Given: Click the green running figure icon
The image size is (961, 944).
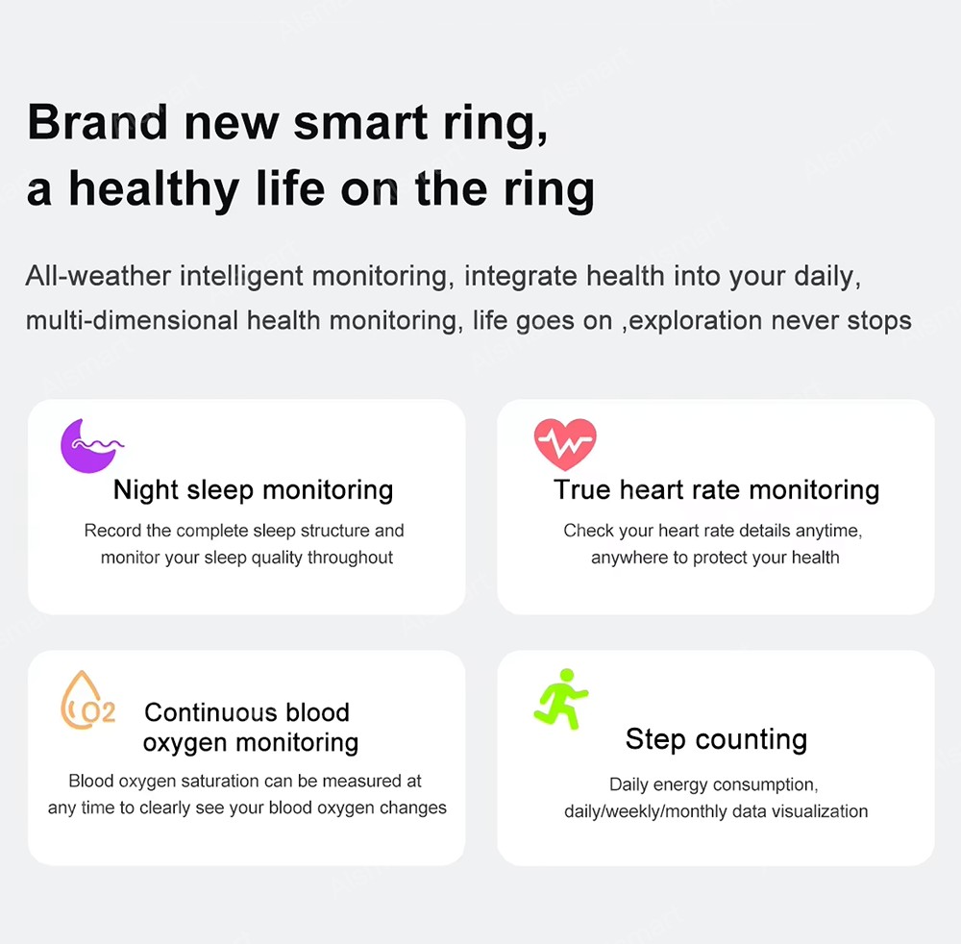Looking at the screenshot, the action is tap(561, 699).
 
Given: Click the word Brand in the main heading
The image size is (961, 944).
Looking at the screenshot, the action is tap(97, 122).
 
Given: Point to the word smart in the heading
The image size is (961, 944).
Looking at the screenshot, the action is tap(360, 123).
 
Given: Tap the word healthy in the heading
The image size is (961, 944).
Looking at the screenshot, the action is tap(154, 189).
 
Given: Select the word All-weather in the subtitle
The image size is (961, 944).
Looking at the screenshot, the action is tap(98, 276).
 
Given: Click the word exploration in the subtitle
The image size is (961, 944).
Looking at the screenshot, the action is tap(695, 321).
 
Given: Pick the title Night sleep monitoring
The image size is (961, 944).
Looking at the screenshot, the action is tap(253, 490).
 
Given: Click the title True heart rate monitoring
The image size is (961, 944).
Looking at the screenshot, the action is tap(717, 490).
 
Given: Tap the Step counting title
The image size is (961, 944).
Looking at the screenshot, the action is tap(717, 739).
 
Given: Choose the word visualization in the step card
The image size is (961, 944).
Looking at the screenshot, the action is tap(820, 811).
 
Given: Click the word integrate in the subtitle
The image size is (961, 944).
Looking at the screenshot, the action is tap(520, 277).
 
